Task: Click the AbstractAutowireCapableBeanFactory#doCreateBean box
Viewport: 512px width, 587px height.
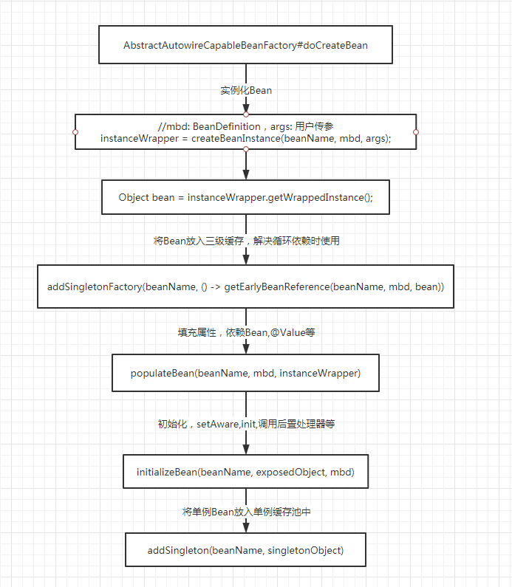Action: pyautogui.click(x=245, y=45)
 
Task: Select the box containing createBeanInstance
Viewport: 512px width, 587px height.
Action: pyautogui.click(x=245, y=132)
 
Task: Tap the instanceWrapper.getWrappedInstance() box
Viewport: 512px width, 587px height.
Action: pyautogui.click(x=245, y=198)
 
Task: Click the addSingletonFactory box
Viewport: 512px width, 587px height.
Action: pyautogui.click(x=245, y=286)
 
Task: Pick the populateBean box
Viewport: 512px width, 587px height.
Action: pyautogui.click(x=245, y=373)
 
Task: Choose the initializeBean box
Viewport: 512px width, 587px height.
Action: pyautogui.click(x=245, y=472)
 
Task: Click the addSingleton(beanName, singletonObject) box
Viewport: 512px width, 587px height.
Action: pyautogui.click(x=245, y=550)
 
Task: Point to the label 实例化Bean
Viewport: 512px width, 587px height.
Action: pyautogui.click(x=246, y=90)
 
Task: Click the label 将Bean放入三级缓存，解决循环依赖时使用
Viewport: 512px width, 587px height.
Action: pyautogui.click(x=246, y=241)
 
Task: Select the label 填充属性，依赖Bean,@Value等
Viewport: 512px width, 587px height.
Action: pyautogui.click(x=246, y=332)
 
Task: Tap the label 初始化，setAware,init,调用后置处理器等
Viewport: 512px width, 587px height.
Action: pyautogui.click(x=246, y=424)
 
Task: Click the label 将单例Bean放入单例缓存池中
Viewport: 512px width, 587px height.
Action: pyautogui.click(x=246, y=511)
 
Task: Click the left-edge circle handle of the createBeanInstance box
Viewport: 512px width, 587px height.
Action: pyautogui.click(x=75, y=132)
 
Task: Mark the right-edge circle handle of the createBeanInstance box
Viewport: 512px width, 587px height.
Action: pyautogui.click(x=416, y=132)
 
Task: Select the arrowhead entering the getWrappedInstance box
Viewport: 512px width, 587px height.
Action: pyautogui.click(x=246, y=175)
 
